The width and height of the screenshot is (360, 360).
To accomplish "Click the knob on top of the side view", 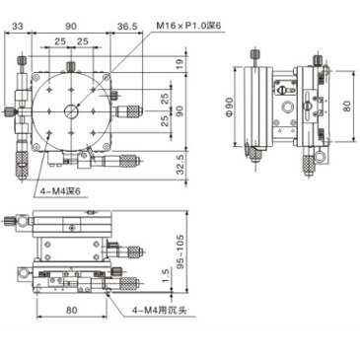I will tap(257, 55).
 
